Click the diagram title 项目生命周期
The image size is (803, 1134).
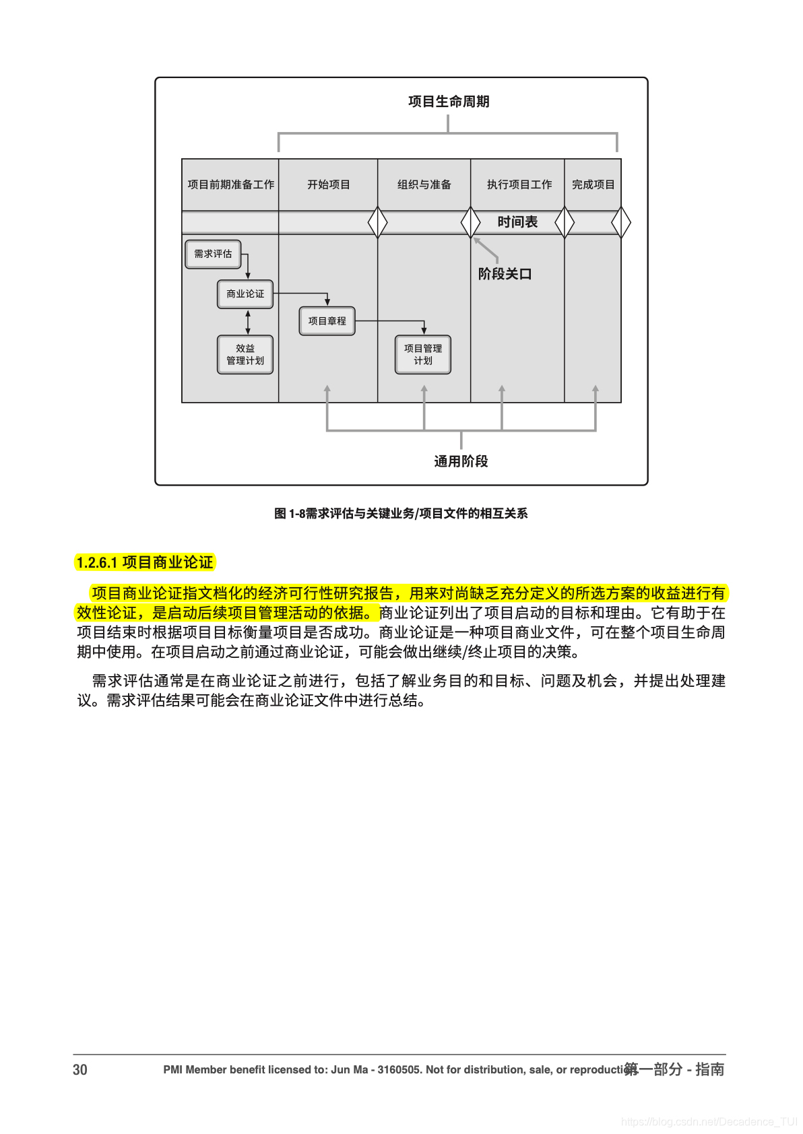[x=449, y=102]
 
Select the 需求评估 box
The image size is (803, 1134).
[x=213, y=254]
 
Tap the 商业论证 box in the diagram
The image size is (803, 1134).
[x=245, y=294]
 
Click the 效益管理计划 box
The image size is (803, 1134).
[x=245, y=354]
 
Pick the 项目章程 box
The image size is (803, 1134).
[x=327, y=321]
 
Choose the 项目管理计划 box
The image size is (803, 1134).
[x=423, y=354]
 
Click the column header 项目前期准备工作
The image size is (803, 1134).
[x=230, y=185]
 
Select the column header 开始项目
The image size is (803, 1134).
[x=329, y=185]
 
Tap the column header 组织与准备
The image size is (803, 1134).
[x=424, y=185]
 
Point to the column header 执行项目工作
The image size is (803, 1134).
[x=519, y=185]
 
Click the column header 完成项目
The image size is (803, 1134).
[x=593, y=185]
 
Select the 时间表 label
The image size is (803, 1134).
[x=517, y=222]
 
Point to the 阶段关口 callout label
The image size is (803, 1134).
[x=505, y=274]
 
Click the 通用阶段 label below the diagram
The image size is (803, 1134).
[x=461, y=461]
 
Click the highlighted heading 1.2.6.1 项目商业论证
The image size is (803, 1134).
[x=145, y=562]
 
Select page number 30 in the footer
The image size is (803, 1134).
[x=80, y=1069]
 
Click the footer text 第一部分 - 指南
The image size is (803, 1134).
[x=674, y=1069]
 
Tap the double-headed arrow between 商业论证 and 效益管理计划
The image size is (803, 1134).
[x=248, y=322]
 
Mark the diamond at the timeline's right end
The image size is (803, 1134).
[x=620, y=222]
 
